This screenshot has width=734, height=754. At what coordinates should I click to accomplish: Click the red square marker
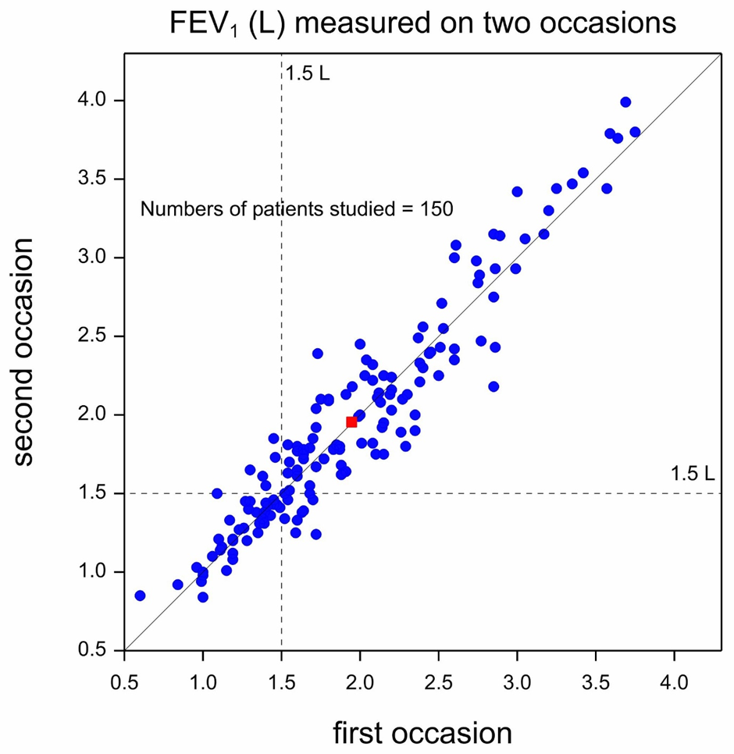point(351,422)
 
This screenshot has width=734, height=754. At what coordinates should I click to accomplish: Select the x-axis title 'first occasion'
point(422,734)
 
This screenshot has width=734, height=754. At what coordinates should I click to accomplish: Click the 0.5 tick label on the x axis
point(125,681)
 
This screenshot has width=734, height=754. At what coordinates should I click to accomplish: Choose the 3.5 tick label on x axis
point(596,681)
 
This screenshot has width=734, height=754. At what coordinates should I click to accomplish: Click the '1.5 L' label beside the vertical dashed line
point(308,76)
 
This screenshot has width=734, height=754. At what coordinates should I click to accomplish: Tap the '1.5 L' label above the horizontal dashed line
point(692,474)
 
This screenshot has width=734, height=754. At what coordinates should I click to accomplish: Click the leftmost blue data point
point(140,596)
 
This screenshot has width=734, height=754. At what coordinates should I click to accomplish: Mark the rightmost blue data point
point(635,132)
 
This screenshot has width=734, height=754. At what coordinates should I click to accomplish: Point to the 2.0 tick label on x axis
point(360,681)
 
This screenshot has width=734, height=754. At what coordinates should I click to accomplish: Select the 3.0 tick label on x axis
point(517,681)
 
